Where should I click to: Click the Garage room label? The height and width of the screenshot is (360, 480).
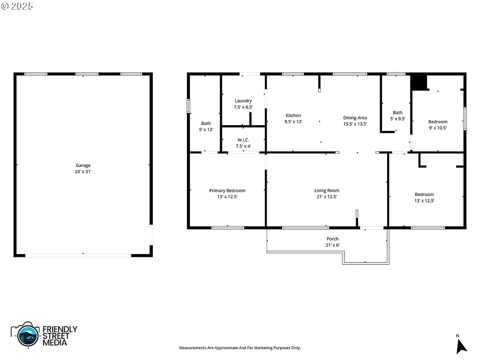83,165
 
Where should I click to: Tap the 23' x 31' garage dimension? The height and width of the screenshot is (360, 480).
83,172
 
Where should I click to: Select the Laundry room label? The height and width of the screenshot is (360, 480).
243,101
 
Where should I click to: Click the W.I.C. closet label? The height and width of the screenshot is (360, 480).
243,140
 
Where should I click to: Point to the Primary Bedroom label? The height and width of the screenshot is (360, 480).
227,191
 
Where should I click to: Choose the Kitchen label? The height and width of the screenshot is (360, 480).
293,115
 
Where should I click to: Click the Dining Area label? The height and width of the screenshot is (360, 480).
355,118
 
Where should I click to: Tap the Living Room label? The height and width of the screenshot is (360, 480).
327,191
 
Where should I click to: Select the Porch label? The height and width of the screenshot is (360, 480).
332,239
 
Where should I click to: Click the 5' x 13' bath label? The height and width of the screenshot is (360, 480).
206,127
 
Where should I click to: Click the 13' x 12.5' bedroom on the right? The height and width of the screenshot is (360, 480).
424,198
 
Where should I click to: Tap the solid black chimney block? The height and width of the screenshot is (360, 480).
419,82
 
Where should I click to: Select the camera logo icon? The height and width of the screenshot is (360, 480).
25,334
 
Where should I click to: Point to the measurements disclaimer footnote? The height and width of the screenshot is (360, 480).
240,348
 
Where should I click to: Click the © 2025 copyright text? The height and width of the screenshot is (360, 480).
17,7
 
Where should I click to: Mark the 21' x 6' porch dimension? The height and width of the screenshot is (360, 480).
332,245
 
